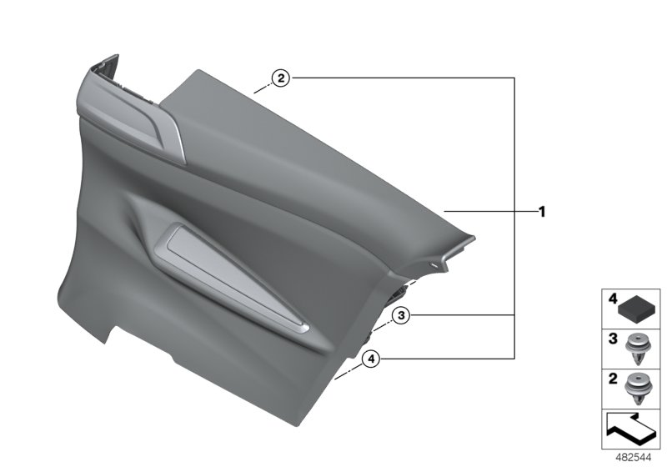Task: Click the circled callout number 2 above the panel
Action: [281, 78]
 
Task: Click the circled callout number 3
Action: [401, 315]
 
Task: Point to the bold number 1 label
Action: [541, 212]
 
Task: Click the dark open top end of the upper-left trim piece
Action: [107, 63]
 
